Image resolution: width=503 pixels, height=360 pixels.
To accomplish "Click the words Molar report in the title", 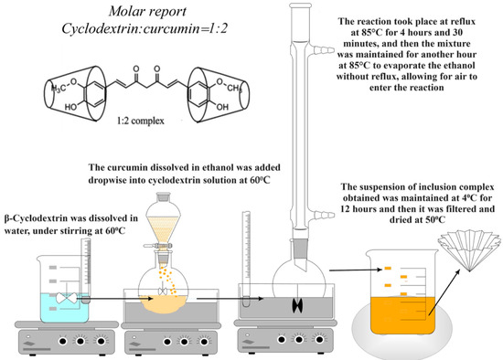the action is pos(147,12).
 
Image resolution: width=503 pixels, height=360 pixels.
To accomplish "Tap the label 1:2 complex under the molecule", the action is pos(141,121).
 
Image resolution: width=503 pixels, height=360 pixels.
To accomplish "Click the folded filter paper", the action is pos(470,249).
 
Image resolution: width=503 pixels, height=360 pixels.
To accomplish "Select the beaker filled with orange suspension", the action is pos(403,291).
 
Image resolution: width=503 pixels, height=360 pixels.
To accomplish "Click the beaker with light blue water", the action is pos(64,289).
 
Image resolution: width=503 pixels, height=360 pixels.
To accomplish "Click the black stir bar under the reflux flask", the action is pos(298,305).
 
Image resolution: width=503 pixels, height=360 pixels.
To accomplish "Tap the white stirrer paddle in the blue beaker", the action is pos(67,298).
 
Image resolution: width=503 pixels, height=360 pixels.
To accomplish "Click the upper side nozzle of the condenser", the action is pos(323,50).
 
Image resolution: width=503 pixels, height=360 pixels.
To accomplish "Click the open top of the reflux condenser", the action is pos(300,5).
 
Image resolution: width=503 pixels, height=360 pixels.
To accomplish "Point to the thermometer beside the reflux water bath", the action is pos(246,259).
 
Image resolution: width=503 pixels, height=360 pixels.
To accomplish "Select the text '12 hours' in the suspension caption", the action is pos(355,209).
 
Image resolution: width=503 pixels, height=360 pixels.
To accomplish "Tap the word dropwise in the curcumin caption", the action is pos(107,180).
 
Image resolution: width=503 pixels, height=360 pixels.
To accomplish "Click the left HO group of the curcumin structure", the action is pos(71,107).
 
